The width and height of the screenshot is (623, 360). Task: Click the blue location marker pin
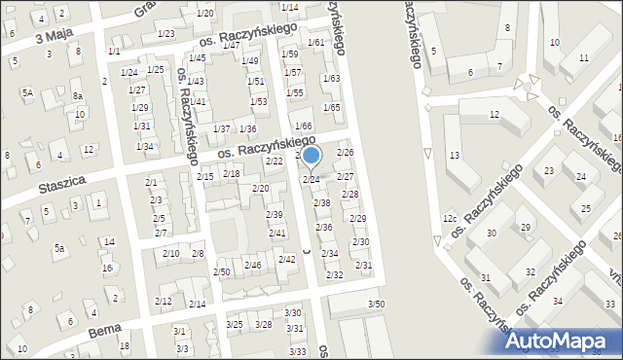pos(311,156)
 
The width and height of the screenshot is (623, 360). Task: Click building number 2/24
pos(311,179)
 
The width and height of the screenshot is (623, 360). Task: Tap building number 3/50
pos(376,305)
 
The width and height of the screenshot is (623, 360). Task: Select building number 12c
pos(449,218)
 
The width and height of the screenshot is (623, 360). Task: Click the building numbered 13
pos(454,156)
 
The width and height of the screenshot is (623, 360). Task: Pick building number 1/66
pos(304,126)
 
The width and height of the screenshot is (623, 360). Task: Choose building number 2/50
pos(221,270)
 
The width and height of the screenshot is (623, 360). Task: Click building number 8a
pos(77,96)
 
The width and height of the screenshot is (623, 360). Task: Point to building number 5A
pos(28,92)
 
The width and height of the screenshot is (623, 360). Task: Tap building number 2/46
pos(252,265)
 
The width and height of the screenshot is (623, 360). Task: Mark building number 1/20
pos(204,13)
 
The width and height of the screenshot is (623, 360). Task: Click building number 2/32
pos(334,275)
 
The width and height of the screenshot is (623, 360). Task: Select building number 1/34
pos(144,146)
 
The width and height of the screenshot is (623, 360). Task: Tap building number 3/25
pos(235,324)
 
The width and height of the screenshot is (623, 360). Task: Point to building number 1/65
pos(331,107)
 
